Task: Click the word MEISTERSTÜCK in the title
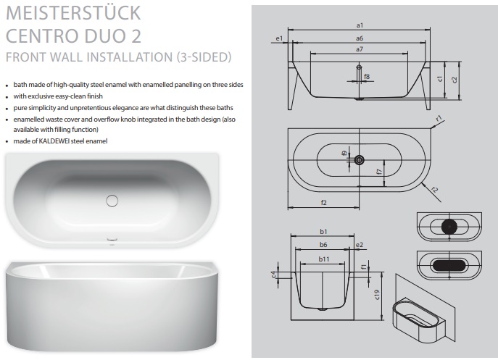pos(73,13)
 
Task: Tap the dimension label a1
pos(360,25)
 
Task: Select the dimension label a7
pos(360,49)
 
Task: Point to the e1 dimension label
pos(279,38)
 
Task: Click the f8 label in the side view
pos(367,77)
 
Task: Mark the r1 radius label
pos(439,119)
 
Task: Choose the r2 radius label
pos(435,190)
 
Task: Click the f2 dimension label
pos(323,203)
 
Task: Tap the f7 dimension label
pos(378,172)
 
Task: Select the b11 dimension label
pos(324,259)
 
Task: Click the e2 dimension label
pos(360,245)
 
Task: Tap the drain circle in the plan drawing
pos(360,160)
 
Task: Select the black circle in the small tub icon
pos(449,226)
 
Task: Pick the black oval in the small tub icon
pos(449,265)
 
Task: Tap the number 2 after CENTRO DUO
pos(136,36)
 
